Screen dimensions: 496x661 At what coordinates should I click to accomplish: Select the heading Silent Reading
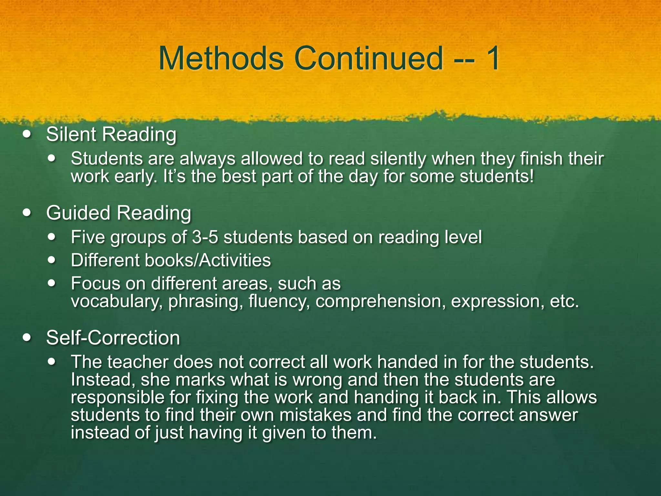(x=111, y=134)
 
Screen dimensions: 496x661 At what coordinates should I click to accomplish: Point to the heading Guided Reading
(x=119, y=213)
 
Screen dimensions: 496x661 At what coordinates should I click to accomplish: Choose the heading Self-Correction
(x=113, y=338)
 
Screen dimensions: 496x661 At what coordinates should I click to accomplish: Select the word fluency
(x=279, y=302)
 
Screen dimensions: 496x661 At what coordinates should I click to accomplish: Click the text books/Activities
(x=208, y=260)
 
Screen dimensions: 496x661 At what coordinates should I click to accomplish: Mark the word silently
(x=398, y=159)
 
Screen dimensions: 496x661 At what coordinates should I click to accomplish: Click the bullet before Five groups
(x=52, y=237)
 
